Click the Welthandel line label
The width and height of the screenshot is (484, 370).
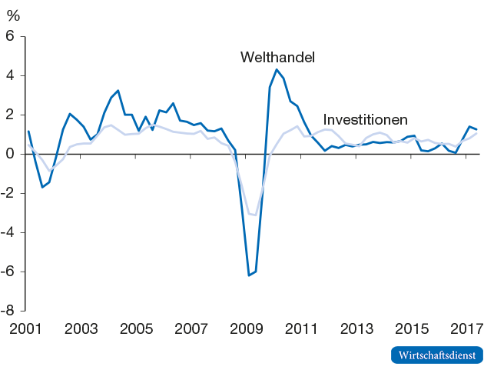[x=278, y=58]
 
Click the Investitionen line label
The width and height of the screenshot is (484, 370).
[x=365, y=120]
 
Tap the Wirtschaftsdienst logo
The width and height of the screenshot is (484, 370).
[x=436, y=355]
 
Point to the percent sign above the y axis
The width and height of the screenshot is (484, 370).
[x=12, y=15]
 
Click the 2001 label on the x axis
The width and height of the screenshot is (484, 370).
[x=25, y=329]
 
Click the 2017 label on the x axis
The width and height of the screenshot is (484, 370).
[x=466, y=329]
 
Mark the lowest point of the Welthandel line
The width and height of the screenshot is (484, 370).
[x=249, y=275]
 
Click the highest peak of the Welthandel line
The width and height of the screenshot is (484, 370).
[x=277, y=70]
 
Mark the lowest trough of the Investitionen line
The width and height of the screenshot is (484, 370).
[x=255, y=215]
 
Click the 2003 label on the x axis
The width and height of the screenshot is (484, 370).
[x=80, y=329]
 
